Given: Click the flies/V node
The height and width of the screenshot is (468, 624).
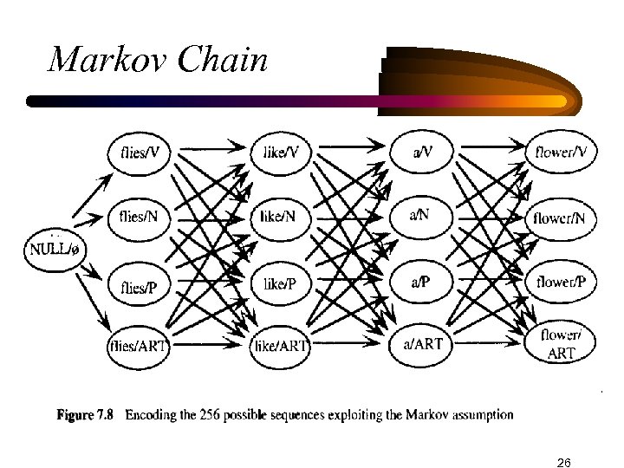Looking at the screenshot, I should tap(140, 153).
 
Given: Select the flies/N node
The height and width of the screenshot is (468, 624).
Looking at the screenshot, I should tap(140, 218).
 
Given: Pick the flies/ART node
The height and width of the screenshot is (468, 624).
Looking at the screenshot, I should tap(140, 346).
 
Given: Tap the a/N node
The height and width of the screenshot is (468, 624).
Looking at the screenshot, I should tap(421, 216).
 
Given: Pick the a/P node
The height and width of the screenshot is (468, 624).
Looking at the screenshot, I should tap(421, 282).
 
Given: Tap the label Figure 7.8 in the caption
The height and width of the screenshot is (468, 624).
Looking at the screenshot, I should tap(88, 413).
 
